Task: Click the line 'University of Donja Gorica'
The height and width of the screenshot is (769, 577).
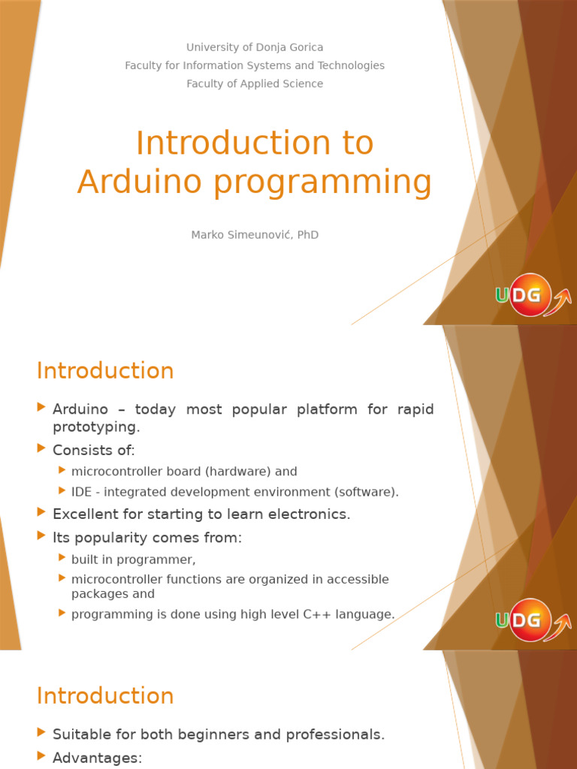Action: [255, 47]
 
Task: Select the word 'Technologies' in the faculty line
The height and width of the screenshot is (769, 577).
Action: [351, 66]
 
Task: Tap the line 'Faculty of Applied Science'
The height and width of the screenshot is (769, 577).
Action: [255, 84]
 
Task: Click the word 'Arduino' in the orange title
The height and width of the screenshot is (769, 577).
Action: [140, 181]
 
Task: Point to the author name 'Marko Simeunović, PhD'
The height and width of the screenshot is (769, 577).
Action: [255, 235]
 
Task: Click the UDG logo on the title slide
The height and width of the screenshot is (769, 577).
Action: [533, 295]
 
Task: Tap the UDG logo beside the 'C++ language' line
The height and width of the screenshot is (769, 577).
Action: [533, 620]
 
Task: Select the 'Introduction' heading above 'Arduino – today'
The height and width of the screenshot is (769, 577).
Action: [105, 371]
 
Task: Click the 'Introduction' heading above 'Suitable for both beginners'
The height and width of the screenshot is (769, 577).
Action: [105, 696]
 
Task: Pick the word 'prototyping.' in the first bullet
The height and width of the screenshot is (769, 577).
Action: [96, 427]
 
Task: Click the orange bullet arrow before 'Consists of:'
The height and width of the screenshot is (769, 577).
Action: [41, 448]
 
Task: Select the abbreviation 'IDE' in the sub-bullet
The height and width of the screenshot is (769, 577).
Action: [81, 492]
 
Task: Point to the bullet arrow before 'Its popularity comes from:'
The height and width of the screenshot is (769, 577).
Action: [41, 535]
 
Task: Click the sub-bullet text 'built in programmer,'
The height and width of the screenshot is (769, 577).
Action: [134, 559]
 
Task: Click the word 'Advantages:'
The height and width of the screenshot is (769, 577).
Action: [97, 758]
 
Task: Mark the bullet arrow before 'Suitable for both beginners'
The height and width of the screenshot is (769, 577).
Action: [41, 733]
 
